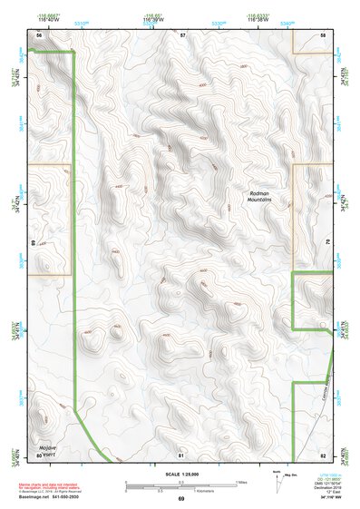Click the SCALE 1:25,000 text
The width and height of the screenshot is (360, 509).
pyautogui.click(x=180, y=475)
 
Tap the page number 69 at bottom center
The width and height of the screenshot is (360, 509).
pyautogui.click(x=180, y=499)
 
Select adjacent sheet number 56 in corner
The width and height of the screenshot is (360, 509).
pyautogui.click(x=38, y=34)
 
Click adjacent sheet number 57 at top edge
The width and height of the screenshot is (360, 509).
pyautogui.click(x=182, y=34)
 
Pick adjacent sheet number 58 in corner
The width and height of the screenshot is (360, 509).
pyautogui.click(x=323, y=34)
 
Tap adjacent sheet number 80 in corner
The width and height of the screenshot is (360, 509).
pyautogui.click(x=39, y=454)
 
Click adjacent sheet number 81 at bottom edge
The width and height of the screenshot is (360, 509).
pyautogui.click(x=181, y=454)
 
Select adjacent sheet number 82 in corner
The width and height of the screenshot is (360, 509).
pyautogui.click(x=323, y=454)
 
